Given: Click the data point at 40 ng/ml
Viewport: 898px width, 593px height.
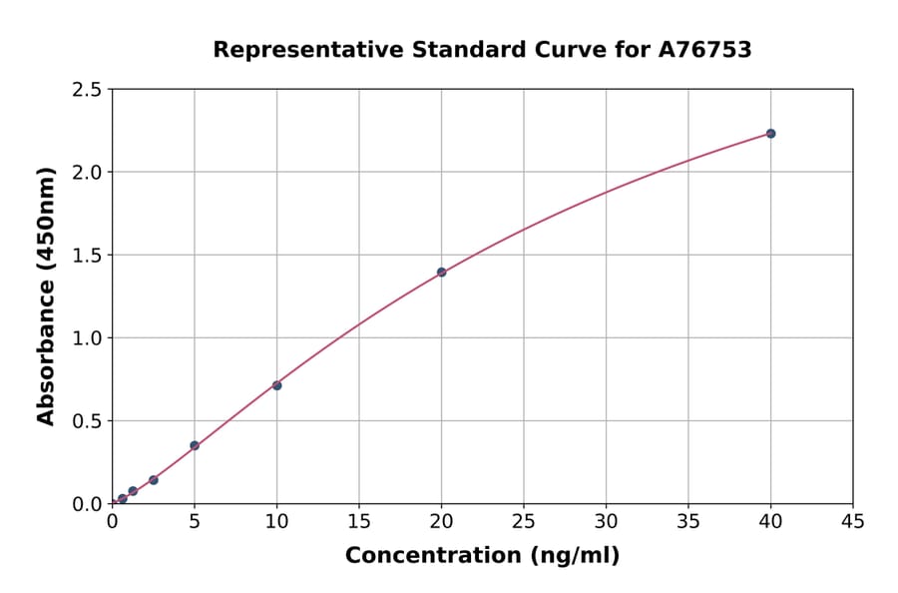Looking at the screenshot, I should (770, 134).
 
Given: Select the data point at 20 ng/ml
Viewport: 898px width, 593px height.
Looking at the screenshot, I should (441, 273).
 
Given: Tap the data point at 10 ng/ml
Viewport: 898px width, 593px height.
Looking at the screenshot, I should (276, 385).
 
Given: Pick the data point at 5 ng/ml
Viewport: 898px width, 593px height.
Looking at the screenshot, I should (195, 445).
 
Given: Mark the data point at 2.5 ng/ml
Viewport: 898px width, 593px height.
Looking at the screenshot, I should (154, 480).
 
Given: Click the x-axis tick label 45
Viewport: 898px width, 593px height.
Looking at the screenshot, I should (852, 521).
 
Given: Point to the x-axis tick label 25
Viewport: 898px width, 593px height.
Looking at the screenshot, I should (524, 521).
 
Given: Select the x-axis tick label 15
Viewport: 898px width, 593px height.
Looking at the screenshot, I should (359, 521).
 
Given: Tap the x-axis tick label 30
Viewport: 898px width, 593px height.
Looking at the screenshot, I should (606, 521).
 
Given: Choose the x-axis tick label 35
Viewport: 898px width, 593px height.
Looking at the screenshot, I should (688, 521).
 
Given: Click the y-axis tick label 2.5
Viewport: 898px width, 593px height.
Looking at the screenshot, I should (88, 90).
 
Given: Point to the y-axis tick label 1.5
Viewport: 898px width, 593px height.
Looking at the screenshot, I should (88, 256).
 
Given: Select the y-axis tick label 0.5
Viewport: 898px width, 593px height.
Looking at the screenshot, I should (88, 421).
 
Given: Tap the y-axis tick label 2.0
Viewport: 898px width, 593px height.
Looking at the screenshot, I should (88, 173).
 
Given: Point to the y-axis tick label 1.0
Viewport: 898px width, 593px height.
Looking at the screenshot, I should (88, 338).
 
